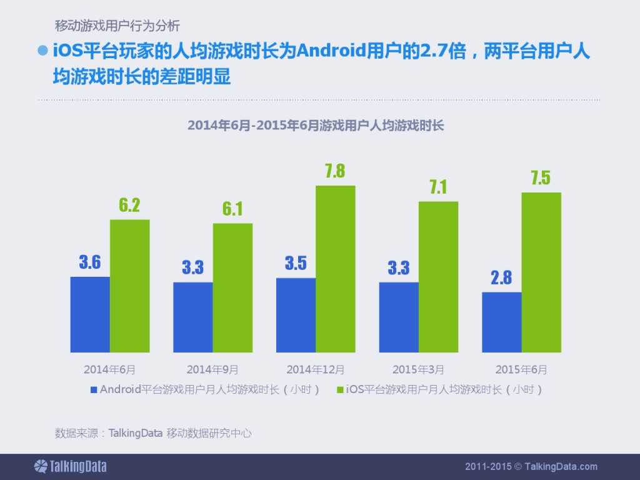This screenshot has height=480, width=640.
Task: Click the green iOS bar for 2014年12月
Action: click(x=335, y=269)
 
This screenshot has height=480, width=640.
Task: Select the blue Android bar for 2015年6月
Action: click(x=501, y=322)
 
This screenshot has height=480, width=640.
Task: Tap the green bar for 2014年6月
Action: click(x=129, y=286)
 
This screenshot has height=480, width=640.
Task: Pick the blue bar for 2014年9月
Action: click(x=192, y=317)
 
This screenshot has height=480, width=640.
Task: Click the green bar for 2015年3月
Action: click(x=438, y=276)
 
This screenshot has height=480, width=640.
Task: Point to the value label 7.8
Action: click(x=335, y=171)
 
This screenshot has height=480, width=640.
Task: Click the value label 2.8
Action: click(x=501, y=277)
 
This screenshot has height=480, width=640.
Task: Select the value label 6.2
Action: click(x=129, y=205)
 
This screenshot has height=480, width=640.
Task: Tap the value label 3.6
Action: click(x=89, y=262)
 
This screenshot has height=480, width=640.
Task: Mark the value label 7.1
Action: click(x=438, y=187)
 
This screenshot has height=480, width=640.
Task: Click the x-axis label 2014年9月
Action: click(x=212, y=369)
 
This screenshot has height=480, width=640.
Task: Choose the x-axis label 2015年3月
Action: click(x=418, y=369)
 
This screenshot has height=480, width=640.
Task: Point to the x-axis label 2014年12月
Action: click(x=315, y=369)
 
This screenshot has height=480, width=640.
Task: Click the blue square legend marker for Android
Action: click(x=94, y=389)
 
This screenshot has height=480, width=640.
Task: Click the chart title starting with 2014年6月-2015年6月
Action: click(x=316, y=125)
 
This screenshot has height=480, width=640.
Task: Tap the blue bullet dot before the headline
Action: click(x=43, y=51)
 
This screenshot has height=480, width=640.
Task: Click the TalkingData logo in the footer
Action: click(x=70, y=466)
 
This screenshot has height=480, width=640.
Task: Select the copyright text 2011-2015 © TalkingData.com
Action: click(x=531, y=466)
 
